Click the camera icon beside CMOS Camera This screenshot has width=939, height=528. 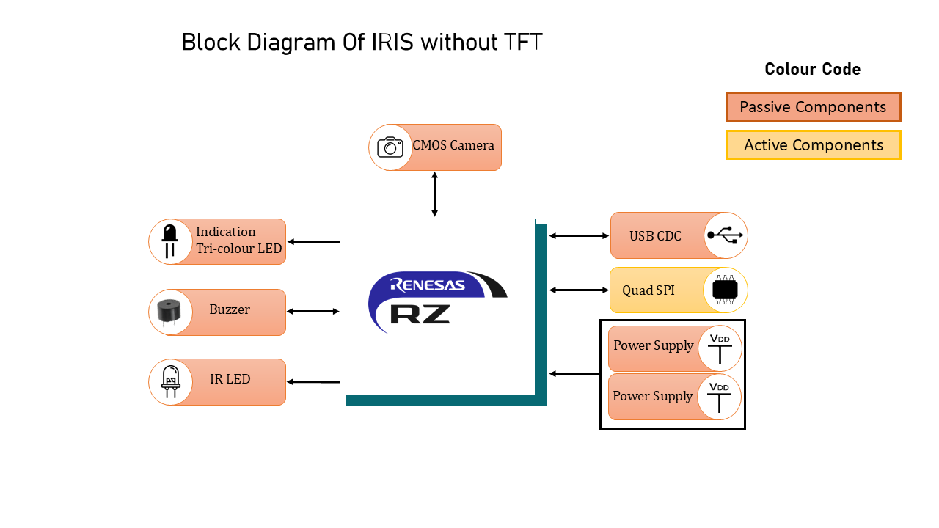pyautogui.click(x=390, y=147)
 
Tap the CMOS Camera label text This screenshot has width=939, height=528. pyautogui.click(x=453, y=145)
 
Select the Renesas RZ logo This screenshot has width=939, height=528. pyautogui.click(x=437, y=301)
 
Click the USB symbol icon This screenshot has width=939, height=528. pyautogui.click(x=725, y=235)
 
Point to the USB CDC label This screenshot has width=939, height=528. pyautogui.click(x=655, y=236)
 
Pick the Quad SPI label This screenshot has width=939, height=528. pyautogui.click(x=648, y=290)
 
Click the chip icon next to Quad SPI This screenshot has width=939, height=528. pyautogui.click(x=725, y=290)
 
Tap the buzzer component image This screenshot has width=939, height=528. pyautogui.click(x=170, y=312)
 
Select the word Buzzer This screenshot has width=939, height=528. pyautogui.click(x=230, y=309)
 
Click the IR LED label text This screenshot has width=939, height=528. pyautogui.click(x=230, y=379)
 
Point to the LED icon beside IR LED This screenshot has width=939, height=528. pyautogui.click(x=170, y=381)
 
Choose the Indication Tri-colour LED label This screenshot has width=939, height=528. pyautogui.click(x=238, y=241)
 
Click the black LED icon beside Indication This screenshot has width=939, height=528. pyautogui.click(x=170, y=241)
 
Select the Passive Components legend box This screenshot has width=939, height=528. pyautogui.click(x=813, y=107)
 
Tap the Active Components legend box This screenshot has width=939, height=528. pyautogui.click(x=813, y=145)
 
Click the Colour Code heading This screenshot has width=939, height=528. pyautogui.click(x=813, y=70)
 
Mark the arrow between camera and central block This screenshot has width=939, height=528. pyautogui.click(x=434, y=194)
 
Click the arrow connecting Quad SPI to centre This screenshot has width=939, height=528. pyautogui.click(x=579, y=290)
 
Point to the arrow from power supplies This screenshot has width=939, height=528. pyautogui.click(x=574, y=374)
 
